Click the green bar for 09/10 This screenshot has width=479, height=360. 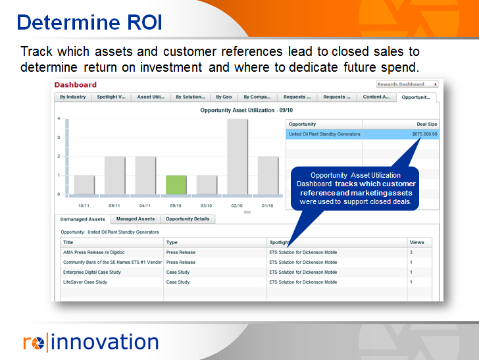176,184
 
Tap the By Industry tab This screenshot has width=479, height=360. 72,97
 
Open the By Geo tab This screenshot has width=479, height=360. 223,97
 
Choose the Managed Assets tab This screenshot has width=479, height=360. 135,219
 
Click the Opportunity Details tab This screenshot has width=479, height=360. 188,219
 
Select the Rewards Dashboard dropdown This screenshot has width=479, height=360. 408,84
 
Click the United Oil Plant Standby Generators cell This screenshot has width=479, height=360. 324,134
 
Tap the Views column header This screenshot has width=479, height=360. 417,242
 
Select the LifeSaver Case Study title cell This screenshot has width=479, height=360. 85,282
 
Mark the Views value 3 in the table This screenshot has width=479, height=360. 411,252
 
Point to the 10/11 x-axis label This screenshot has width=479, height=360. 84,205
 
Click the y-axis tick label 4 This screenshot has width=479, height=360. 59,119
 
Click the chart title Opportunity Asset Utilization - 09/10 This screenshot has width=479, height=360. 246,110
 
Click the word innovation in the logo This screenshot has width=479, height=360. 105,342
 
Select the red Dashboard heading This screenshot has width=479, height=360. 75,84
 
